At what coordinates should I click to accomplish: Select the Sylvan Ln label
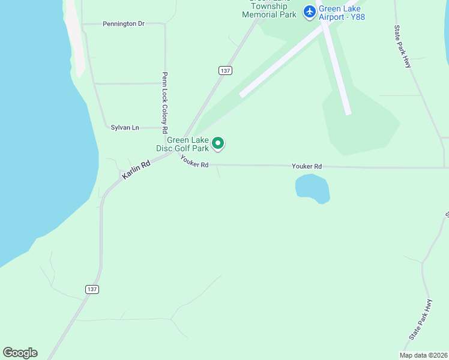[x=125, y=127]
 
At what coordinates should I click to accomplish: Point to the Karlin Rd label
[x=135, y=170]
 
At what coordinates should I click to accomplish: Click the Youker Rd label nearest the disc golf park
[x=194, y=161]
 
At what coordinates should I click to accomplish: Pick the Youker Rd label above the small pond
[x=307, y=166]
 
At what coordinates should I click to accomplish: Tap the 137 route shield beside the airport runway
[x=225, y=70]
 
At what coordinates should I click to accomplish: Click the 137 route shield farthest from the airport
[x=91, y=289]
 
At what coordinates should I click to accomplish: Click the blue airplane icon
[x=310, y=11]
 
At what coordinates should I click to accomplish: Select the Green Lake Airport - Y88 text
[x=342, y=13]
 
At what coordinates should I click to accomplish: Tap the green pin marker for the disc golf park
[x=219, y=143]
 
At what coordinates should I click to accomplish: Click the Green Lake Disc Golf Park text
[x=187, y=144]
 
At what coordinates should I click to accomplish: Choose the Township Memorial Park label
[x=269, y=10]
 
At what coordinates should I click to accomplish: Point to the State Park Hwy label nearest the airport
[x=403, y=46]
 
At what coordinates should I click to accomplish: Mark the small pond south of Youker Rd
[x=312, y=188]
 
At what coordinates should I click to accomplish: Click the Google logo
[x=20, y=353]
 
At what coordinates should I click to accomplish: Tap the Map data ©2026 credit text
[x=423, y=355]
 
